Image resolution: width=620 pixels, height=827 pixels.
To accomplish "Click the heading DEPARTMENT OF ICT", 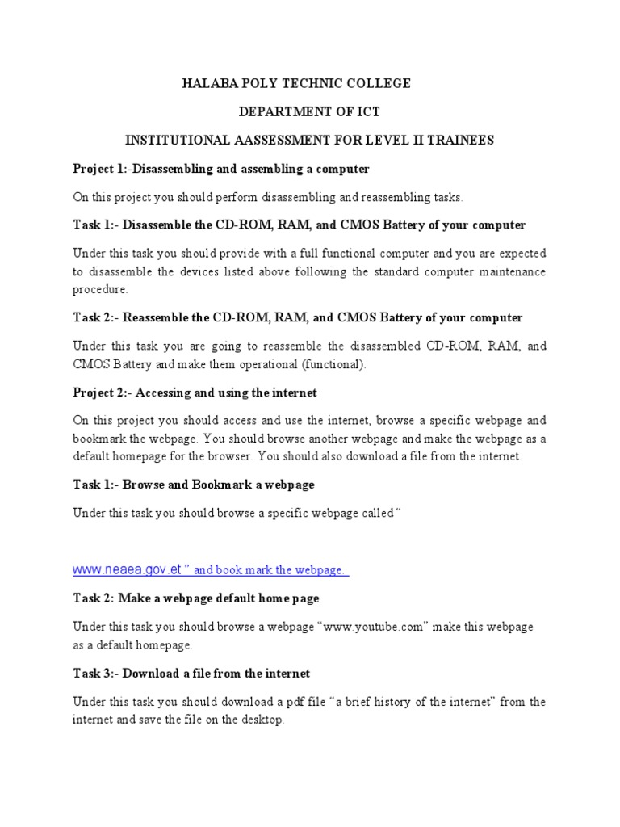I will pos(309,112).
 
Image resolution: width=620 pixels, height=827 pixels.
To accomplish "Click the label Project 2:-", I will pos(102,393).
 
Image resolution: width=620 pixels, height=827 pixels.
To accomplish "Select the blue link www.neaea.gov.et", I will pos(126,570).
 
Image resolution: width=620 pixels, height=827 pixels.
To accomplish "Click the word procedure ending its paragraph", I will pos(100,289).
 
